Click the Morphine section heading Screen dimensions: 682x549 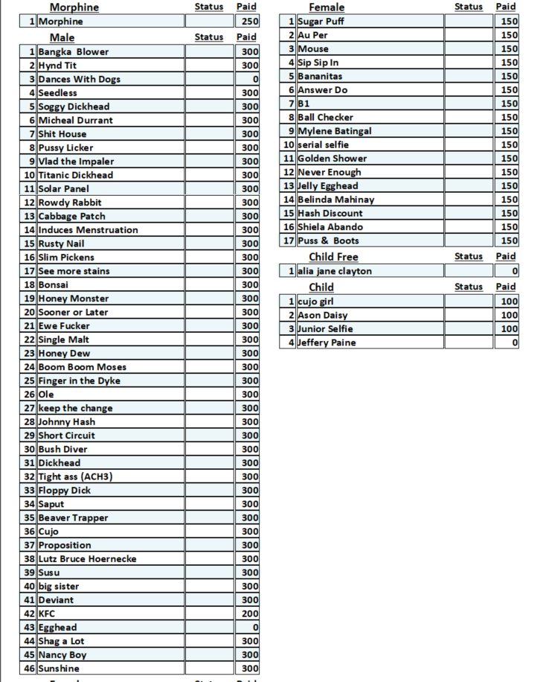click(74, 7)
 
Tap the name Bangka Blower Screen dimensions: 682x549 click(74, 52)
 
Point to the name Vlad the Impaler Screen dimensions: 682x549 click(76, 162)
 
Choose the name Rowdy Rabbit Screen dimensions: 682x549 click(70, 203)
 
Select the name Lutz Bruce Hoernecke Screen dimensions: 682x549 click(88, 559)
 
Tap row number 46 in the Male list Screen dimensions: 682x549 click(30, 669)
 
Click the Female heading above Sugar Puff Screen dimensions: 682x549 click(327, 7)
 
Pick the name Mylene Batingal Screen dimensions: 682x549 click(335, 131)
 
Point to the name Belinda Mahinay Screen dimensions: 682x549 click(336, 200)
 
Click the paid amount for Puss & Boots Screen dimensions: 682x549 click(510, 240)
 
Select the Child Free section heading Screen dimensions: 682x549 click(333, 257)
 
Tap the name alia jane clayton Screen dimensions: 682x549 click(335, 271)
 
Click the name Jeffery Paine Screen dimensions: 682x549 click(327, 342)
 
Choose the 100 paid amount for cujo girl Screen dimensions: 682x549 click(510, 302)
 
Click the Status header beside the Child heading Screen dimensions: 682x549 click(468, 287)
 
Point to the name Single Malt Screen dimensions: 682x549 click(64, 340)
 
